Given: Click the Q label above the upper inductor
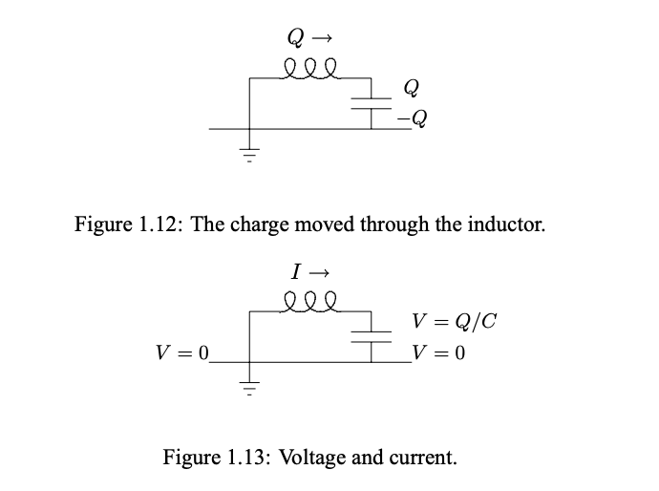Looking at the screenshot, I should [x=295, y=38].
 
